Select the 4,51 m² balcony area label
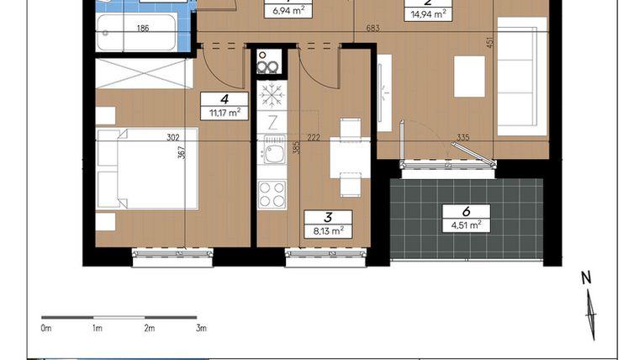[x=467, y=224]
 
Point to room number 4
[x=225, y=98]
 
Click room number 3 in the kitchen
[x=328, y=216]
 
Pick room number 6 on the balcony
[x=467, y=210]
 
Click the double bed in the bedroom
[x=147, y=168]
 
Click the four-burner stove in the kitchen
[x=271, y=194]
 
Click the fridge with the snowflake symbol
[x=271, y=93]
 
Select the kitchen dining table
[x=348, y=156]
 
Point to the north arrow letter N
[x=587, y=277]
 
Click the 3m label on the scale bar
[x=201, y=328]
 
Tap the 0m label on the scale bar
[x=46, y=328]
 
